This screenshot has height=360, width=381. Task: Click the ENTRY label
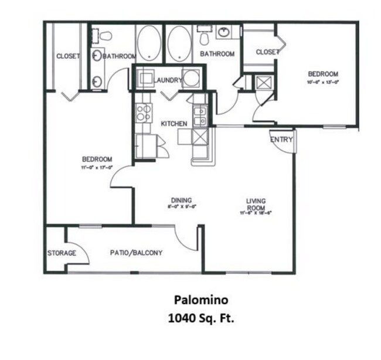click(x=281, y=140)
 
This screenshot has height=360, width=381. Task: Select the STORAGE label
click(x=62, y=253)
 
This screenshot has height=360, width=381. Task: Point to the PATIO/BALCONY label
click(x=136, y=253)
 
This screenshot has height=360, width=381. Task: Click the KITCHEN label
click(x=174, y=124)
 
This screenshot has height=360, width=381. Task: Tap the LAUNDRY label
click(x=169, y=80)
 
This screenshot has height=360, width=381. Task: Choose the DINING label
click(x=181, y=201)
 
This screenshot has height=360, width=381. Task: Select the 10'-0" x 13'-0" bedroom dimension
click(x=323, y=82)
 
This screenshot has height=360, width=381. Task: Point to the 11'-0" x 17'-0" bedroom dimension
click(x=97, y=167)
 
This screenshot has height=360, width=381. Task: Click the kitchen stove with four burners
click(x=144, y=113)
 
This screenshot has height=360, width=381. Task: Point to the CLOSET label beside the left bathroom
click(x=68, y=56)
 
